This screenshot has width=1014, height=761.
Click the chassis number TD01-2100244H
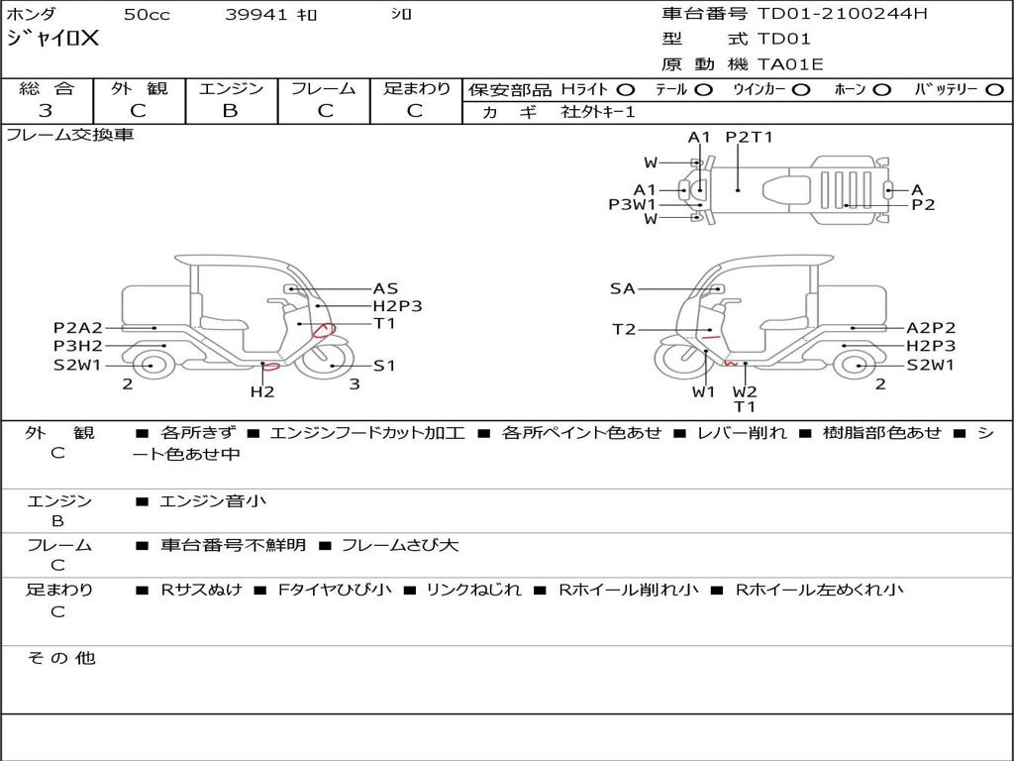(842, 13)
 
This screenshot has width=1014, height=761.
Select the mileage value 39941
(256, 14)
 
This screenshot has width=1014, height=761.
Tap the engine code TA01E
(789, 64)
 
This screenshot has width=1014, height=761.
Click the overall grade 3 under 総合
(46, 111)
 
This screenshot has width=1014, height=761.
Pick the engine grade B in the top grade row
(230, 111)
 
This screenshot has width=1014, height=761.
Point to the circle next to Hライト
(626, 90)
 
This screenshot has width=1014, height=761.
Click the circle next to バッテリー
(995, 90)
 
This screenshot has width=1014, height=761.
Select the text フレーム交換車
(70, 135)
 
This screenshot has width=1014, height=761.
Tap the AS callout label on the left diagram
(385, 288)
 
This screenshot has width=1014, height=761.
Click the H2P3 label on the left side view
(397, 306)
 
